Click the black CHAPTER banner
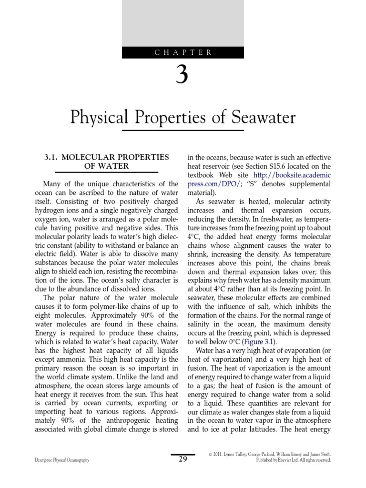pyautogui.click(x=183, y=52)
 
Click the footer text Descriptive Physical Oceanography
pyautogui.click(x=62, y=460)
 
